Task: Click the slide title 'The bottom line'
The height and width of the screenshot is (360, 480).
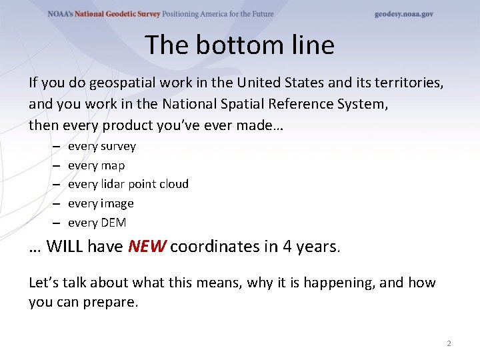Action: tap(239, 45)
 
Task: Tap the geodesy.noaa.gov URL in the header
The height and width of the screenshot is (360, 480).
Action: tap(403, 14)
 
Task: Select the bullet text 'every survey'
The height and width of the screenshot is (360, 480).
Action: tap(101, 147)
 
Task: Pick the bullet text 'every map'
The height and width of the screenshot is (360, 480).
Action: tap(96, 165)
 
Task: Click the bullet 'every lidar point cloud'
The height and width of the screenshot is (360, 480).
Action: tap(128, 184)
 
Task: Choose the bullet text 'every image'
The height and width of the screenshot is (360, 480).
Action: tap(101, 203)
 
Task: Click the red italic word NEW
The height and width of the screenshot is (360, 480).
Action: tap(147, 247)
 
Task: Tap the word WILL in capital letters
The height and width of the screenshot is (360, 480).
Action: tap(65, 247)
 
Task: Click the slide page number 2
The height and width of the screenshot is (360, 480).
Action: tap(449, 343)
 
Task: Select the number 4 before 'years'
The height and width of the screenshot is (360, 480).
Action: tap(287, 247)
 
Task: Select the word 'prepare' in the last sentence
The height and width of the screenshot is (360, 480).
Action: tap(112, 302)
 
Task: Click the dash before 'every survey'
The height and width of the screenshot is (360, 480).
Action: tap(55, 147)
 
